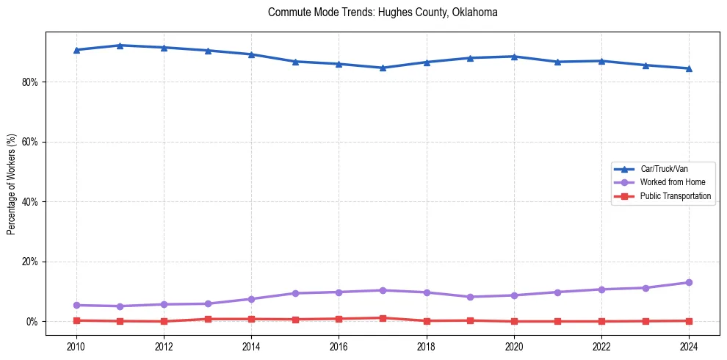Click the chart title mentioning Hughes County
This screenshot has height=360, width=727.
383,12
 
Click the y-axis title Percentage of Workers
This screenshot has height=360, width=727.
11,184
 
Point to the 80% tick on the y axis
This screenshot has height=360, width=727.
29,82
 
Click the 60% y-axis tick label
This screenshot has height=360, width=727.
29,142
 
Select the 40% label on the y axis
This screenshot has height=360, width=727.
29,202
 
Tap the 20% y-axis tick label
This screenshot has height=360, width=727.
29,262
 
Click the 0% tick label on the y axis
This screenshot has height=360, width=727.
32,322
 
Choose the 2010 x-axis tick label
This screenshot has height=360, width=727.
76,346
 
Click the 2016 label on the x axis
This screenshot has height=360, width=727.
339,346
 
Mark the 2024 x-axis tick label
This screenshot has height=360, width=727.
689,346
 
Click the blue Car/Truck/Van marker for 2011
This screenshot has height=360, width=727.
120,46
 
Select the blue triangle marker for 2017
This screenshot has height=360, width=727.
383,68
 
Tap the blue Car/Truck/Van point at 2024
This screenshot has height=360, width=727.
689,68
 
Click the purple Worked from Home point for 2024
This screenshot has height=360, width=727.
689,282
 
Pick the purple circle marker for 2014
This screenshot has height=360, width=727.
251,299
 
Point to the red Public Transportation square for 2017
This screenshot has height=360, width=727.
383,318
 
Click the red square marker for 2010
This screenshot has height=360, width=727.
76,320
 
